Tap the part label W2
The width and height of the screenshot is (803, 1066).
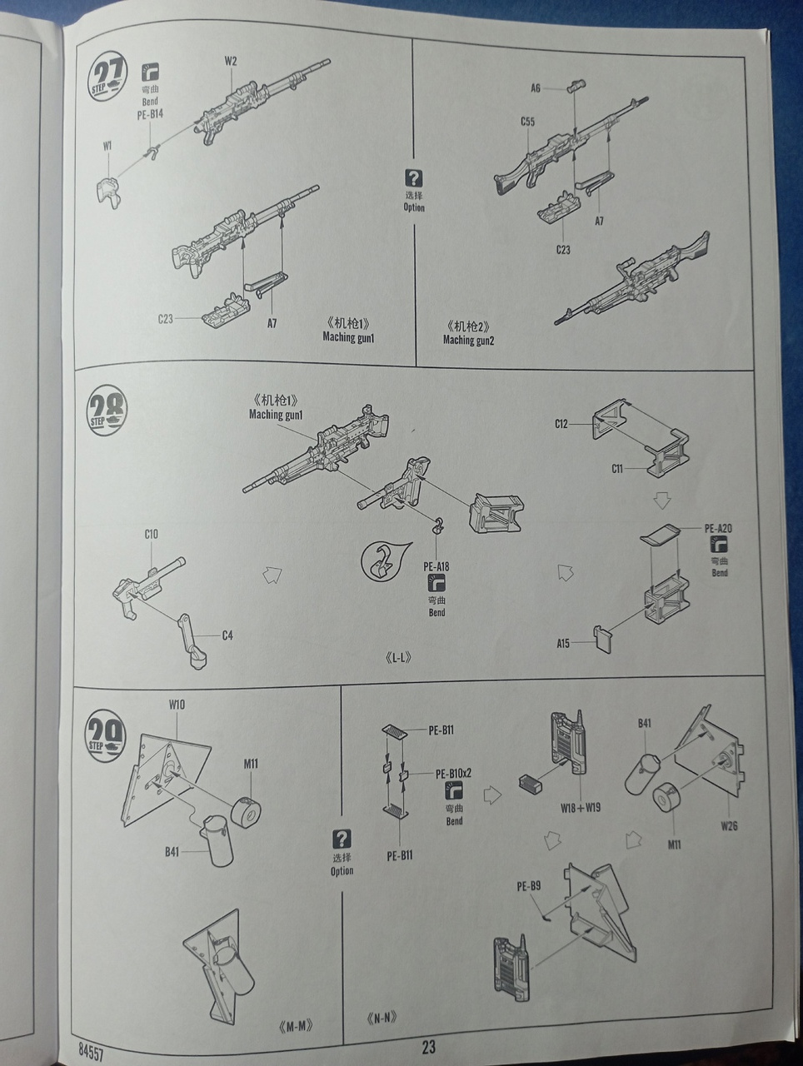231,61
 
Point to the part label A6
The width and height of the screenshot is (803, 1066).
536,87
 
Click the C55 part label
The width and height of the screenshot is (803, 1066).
527,122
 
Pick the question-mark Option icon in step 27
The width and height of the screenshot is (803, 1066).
414,177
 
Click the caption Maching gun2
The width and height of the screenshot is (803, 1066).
468,340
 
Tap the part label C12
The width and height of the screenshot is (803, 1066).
561,424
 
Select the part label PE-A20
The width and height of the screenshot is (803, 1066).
718,528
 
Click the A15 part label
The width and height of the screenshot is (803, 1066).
563,643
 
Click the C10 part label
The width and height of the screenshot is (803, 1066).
151,534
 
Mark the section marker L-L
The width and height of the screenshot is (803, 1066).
400,657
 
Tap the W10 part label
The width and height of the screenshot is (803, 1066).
177,705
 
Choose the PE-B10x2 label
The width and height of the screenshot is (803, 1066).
454,773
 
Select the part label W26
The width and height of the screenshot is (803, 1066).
728,826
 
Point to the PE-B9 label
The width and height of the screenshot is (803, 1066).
528,885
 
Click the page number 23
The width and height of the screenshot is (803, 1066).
428,1048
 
